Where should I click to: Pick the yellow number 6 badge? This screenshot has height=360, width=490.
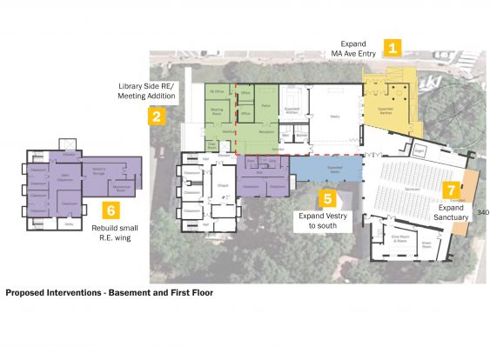111,210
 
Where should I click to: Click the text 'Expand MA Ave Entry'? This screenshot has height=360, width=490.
357,49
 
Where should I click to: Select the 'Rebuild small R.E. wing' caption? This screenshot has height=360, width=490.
111,234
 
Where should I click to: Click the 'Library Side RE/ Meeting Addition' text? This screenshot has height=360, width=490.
147,92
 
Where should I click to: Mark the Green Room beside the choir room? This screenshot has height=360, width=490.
427,244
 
